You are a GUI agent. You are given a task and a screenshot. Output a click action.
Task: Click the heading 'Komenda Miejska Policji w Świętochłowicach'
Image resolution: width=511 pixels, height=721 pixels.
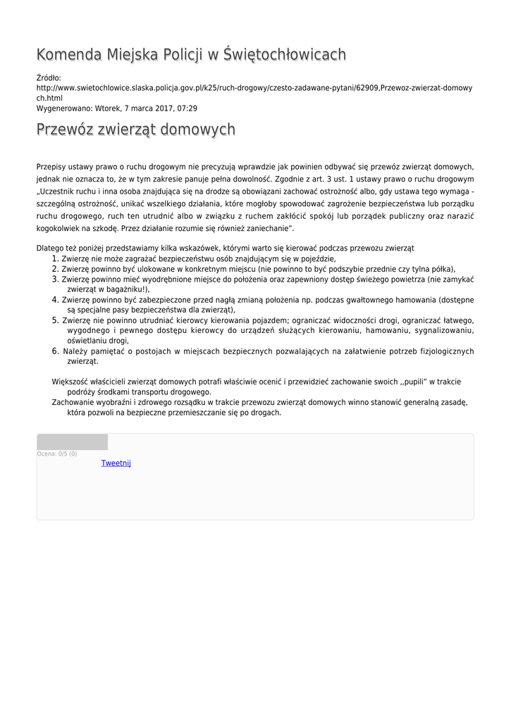point(191,54)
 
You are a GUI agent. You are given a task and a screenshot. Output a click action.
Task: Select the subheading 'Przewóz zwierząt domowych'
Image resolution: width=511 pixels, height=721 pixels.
point(135,130)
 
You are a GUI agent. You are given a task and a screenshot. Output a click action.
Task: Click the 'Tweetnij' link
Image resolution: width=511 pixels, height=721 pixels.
point(116,463)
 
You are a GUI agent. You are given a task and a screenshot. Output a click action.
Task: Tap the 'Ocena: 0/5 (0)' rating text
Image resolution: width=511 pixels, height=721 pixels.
point(57,454)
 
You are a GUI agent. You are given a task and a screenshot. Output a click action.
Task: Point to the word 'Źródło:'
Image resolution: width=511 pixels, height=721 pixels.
point(49,77)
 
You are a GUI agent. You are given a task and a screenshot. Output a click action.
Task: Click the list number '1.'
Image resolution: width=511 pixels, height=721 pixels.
point(54,258)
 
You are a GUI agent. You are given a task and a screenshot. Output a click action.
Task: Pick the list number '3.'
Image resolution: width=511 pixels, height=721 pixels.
point(54,279)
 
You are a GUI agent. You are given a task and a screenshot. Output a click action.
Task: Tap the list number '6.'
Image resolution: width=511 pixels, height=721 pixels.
point(54,351)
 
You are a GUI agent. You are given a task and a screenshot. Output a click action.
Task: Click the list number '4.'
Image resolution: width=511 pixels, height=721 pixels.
point(54,299)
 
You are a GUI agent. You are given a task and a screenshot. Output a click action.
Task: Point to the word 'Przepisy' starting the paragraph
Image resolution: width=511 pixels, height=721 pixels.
point(51,167)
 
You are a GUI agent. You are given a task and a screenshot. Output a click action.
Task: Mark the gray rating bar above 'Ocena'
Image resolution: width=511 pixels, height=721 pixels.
point(72,442)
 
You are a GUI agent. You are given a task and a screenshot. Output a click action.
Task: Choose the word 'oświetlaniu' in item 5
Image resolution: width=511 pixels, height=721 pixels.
point(89,340)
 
